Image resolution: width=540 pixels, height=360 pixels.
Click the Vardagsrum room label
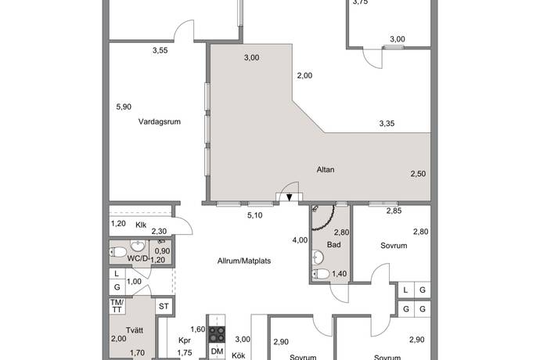[x=154, y=121]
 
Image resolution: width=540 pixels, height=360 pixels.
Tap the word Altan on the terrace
[x=326, y=168]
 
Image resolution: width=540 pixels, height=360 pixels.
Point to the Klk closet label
[x=142, y=225]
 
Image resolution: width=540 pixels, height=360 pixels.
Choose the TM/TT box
[x=117, y=307]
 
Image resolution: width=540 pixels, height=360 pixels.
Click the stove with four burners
[x=217, y=334]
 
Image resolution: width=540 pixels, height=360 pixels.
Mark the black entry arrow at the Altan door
[x=290, y=197]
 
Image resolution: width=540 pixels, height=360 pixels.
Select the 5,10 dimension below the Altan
[x=254, y=215]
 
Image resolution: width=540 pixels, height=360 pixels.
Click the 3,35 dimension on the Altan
[x=387, y=124]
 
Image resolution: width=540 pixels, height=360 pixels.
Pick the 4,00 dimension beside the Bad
[x=299, y=239]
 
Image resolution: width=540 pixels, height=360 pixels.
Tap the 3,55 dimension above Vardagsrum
[x=160, y=51]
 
